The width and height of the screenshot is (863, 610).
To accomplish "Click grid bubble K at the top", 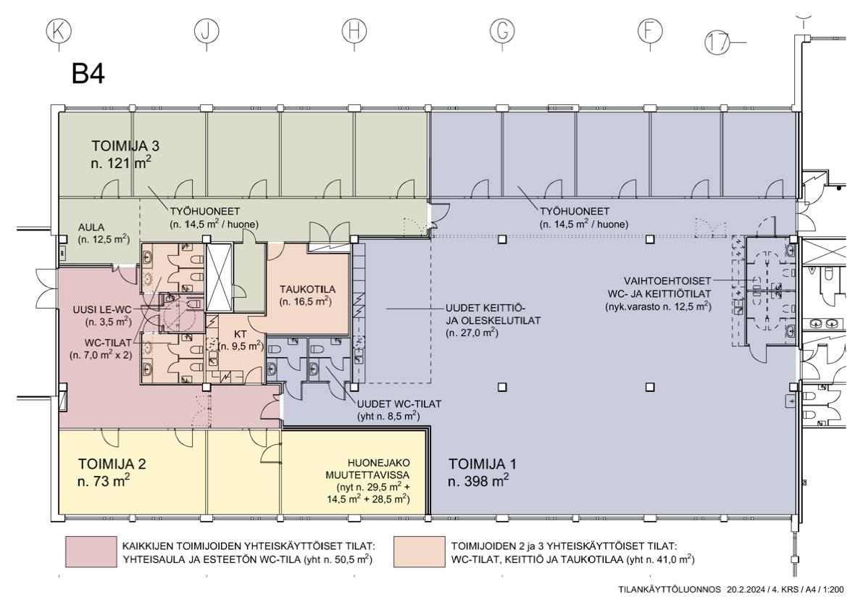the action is click(x=59, y=31).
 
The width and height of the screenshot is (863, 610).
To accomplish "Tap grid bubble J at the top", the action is click(x=207, y=31).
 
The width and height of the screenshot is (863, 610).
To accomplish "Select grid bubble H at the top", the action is click(x=354, y=31).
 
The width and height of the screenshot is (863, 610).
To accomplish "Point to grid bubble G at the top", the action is click(x=502, y=31).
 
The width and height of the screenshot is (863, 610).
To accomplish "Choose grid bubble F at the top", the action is click(x=650, y=31).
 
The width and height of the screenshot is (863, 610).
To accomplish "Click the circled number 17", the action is click(x=717, y=42).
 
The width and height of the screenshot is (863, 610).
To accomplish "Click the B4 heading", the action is click(x=88, y=74).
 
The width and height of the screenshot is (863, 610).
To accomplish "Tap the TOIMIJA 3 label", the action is click(x=125, y=146).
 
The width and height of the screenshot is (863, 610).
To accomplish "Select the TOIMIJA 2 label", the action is click(x=112, y=464).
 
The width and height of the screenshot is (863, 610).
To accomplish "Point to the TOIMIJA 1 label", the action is click(x=483, y=464).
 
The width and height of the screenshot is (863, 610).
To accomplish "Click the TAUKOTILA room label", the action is click(x=307, y=289).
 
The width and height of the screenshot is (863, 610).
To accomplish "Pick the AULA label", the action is click(x=91, y=227).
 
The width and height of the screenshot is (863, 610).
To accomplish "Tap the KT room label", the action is click(x=240, y=334).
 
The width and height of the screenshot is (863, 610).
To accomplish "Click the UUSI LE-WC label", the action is click(x=102, y=310).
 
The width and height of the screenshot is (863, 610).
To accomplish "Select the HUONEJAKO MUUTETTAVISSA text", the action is click(x=379, y=469).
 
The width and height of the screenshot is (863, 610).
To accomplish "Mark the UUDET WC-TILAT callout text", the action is click(x=399, y=404).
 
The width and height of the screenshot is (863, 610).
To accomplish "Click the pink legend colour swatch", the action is click(x=91, y=552).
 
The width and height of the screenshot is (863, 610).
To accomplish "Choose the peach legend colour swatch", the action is click(x=420, y=552).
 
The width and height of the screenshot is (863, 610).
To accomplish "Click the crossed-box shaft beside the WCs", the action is click(x=219, y=277).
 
